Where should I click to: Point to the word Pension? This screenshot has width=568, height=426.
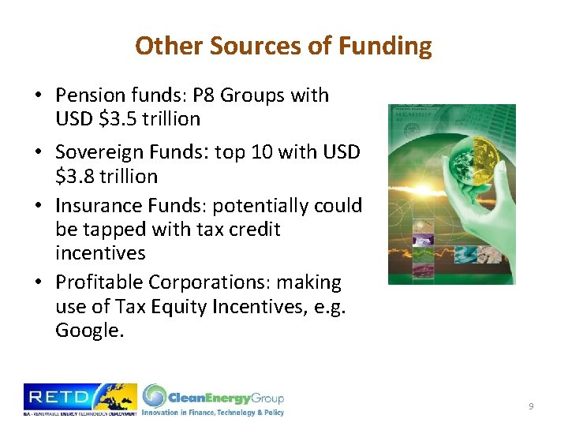[x=89, y=95]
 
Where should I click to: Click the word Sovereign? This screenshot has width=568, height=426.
[x=102, y=152]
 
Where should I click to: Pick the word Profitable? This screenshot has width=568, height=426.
[x=99, y=282]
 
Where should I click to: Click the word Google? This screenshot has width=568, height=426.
[x=89, y=331]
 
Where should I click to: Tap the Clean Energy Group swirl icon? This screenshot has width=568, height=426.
[x=155, y=396]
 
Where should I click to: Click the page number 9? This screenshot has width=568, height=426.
[x=531, y=405]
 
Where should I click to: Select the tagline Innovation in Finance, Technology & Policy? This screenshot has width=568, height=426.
[x=212, y=412]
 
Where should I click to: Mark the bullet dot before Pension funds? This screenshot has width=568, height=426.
[x=38, y=96]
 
